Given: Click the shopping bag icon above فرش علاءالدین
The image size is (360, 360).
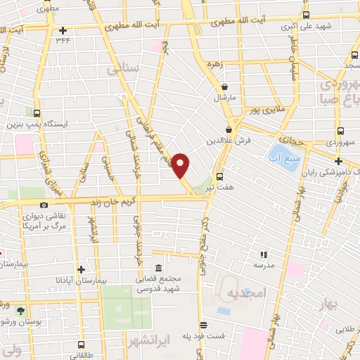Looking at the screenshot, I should pyautogui.click(x=230, y=129).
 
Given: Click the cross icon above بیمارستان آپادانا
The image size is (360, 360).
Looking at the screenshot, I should pyautogui.click(x=82, y=269).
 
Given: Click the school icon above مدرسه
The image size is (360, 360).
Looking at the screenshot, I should pyautogui.click(x=264, y=255).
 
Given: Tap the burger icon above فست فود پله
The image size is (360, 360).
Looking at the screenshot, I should pyautogui.click(x=203, y=325).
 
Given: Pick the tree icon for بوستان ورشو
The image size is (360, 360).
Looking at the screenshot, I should pyautogui.click(x=20, y=311).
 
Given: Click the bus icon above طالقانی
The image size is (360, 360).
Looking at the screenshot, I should pyautogui.click(x=82, y=345).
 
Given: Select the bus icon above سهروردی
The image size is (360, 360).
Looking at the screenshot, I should pyautogui.click(x=340, y=131).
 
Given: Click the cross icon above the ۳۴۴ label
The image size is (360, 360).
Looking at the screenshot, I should pyautogui.click(x=63, y=30).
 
